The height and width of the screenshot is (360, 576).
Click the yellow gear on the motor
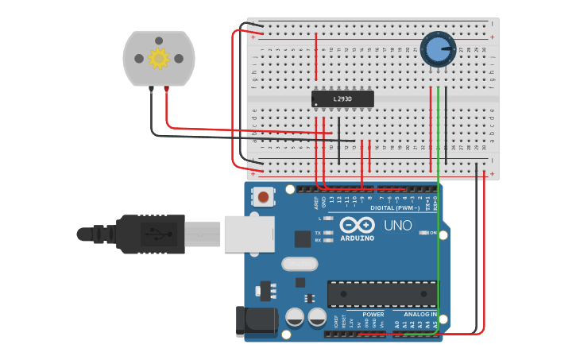click(159, 58)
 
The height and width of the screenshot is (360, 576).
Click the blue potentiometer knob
click(437, 49)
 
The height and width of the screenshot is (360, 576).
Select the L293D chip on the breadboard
click(342, 99)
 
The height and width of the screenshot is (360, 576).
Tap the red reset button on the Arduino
click(263, 196)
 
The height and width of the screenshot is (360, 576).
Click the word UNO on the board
click(398, 226)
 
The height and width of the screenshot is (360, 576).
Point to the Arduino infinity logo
click(357, 225)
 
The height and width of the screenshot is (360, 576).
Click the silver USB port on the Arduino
click(249, 234)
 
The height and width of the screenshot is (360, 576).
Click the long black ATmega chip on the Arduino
click(382, 293)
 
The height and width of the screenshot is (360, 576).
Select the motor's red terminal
click(166, 88)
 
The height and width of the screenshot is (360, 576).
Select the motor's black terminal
click(151, 89)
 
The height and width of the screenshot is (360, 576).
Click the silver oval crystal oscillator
click(300, 264)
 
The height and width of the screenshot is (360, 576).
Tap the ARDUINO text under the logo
click(357, 238)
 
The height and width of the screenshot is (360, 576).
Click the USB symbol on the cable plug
click(156, 234)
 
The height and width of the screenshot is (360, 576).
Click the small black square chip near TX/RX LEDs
click(303, 238)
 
